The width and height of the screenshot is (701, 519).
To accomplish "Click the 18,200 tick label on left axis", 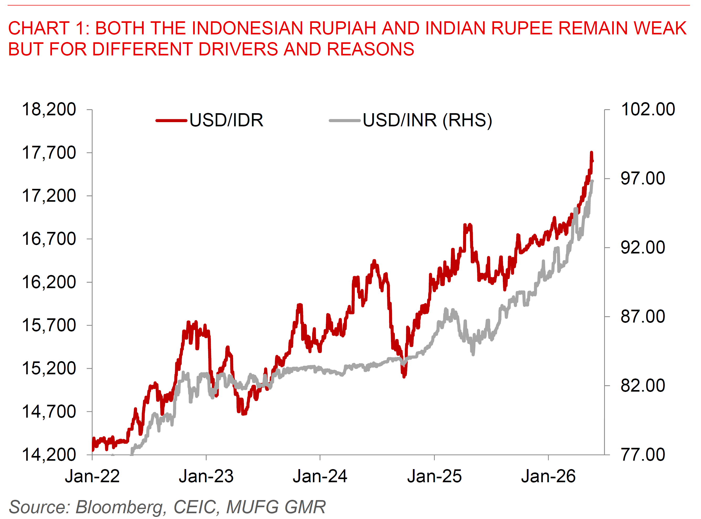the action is click(49, 110).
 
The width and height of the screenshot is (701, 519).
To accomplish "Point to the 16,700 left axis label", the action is click(49, 239).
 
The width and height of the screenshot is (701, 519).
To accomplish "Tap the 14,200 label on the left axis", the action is click(49, 455).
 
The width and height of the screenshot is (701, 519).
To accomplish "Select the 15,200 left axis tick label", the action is click(49, 368).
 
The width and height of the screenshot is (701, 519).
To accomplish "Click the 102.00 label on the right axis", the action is click(648, 110).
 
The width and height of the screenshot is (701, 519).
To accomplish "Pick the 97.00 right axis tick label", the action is click(643, 178).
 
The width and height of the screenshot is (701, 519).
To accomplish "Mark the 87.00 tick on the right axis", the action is click(643, 316).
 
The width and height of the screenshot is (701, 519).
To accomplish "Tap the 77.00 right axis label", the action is click(643, 455).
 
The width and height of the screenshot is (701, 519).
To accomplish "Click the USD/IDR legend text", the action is click(226, 120).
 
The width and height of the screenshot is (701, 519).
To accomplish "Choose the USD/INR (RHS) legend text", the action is click(427, 120).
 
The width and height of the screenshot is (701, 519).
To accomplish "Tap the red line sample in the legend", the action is click(171, 121).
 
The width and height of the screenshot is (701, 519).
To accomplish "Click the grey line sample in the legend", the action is click(344, 121).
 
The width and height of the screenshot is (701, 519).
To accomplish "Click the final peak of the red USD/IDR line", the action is click(592, 153).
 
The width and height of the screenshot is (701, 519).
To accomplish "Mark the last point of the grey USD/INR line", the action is click(592, 181).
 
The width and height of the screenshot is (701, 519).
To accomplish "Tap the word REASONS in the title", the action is click(371, 49).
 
